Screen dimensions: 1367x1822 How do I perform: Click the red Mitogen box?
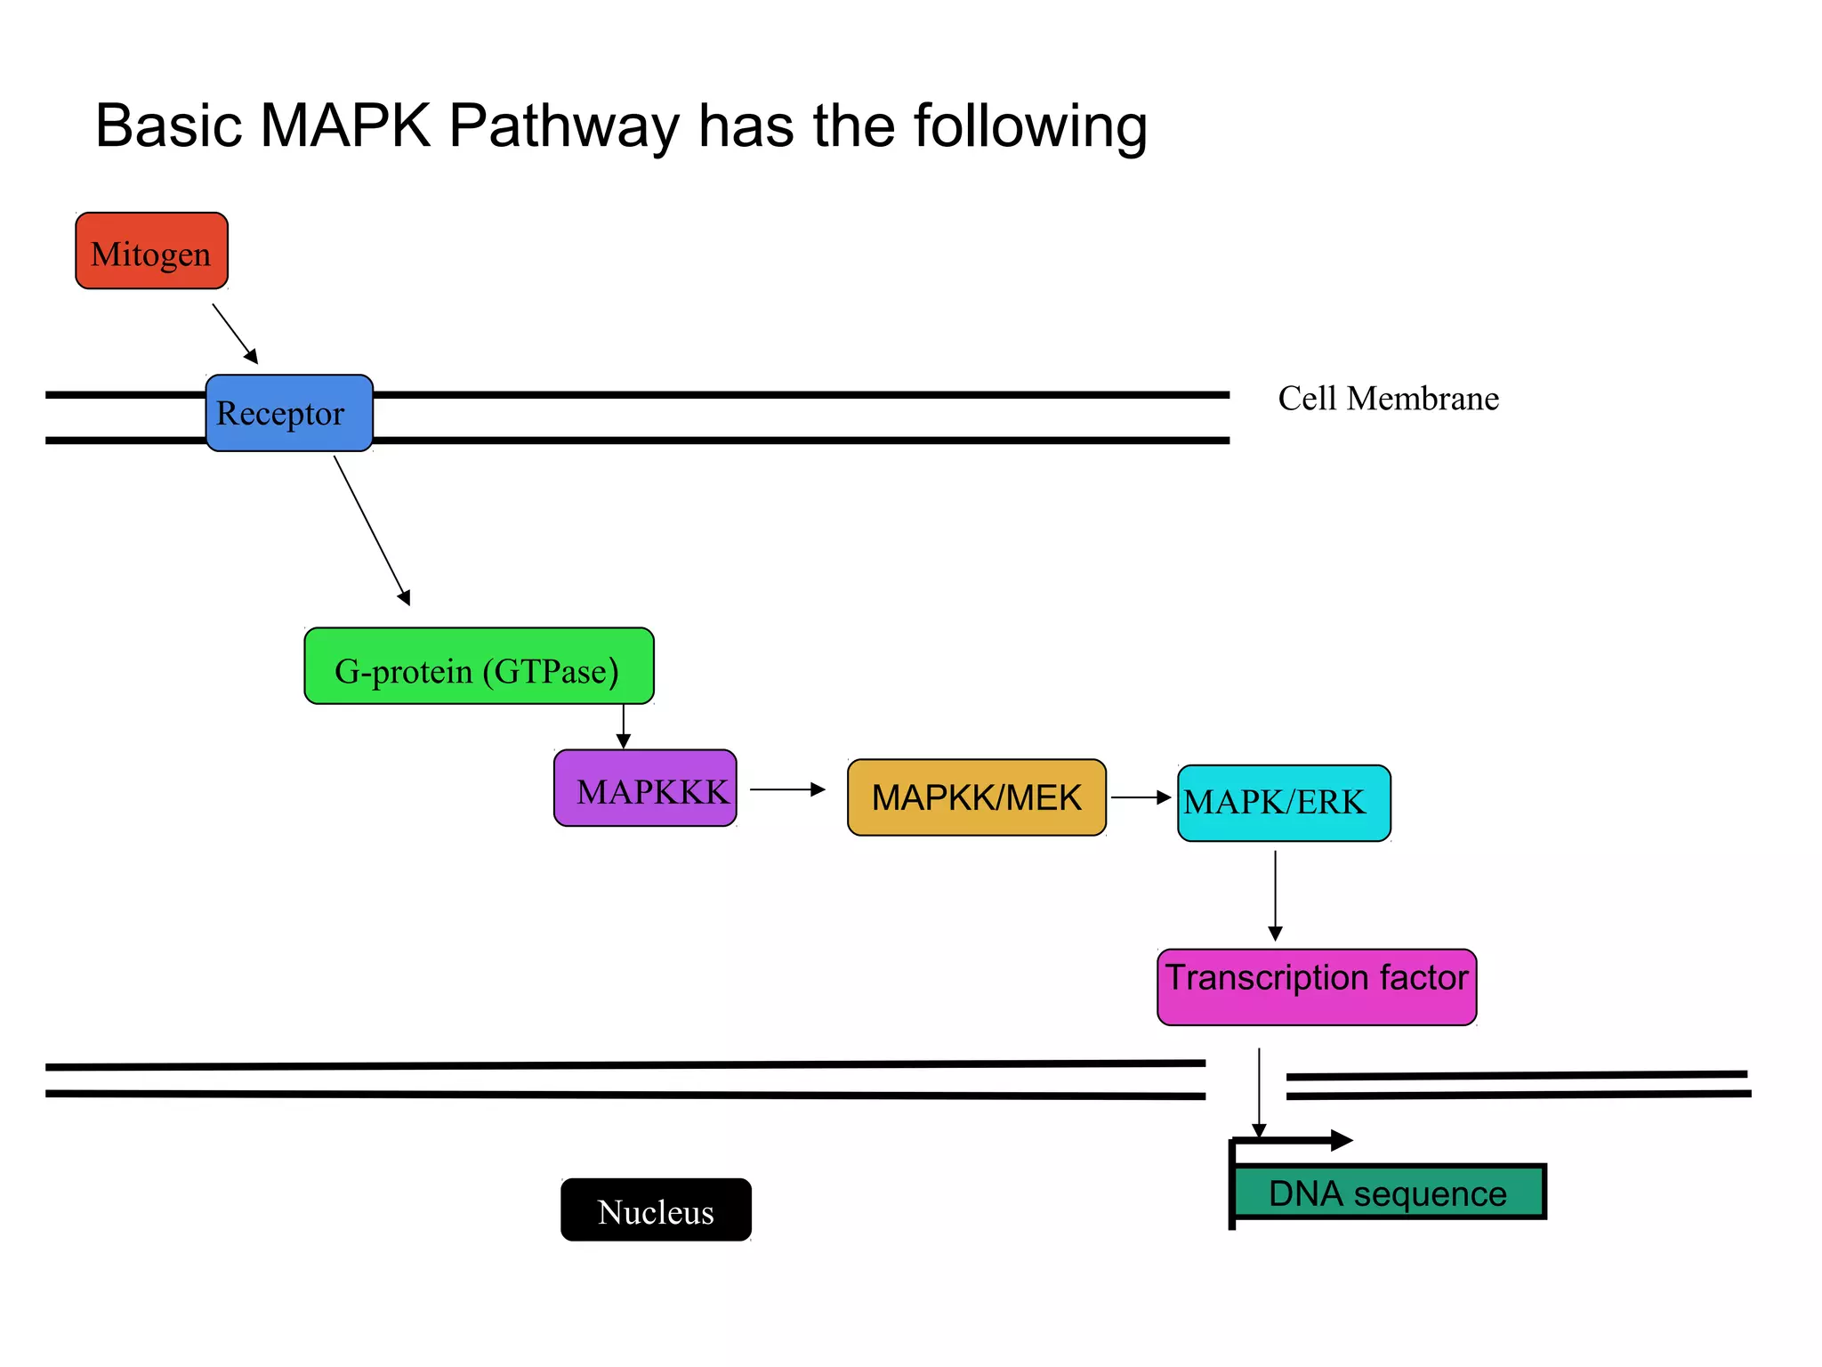click(x=151, y=251)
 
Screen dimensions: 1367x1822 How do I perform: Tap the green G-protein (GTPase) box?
click(x=479, y=667)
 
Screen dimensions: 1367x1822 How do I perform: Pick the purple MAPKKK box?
click(x=645, y=789)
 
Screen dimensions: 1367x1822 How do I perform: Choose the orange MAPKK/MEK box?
click(x=976, y=797)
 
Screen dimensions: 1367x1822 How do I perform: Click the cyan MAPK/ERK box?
click(x=1283, y=803)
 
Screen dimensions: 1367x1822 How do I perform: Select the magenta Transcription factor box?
click(x=1316, y=987)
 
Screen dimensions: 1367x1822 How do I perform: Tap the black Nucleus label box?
click(x=656, y=1210)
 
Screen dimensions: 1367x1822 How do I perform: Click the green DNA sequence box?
click(x=1389, y=1193)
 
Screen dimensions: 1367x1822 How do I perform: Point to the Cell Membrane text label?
click(x=1388, y=399)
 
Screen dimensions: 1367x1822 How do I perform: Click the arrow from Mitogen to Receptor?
click(x=235, y=334)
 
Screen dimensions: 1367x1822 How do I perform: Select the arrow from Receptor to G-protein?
click(x=372, y=530)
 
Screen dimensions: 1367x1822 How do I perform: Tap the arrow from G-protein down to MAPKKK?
click(x=624, y=726)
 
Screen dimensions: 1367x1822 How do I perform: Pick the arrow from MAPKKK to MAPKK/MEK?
click(x=787, y=789)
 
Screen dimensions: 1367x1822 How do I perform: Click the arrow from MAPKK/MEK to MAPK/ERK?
click(x=1141, y=797)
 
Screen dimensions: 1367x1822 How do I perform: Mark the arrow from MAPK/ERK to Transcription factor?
click(x=1275, y=894)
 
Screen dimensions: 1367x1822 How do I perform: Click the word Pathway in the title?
click(x=564, y=126)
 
